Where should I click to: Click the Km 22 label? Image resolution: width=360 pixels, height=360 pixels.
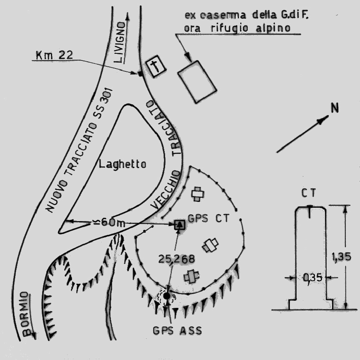tap(54, 55)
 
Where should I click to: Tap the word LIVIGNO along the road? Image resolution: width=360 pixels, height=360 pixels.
tap(120, 42)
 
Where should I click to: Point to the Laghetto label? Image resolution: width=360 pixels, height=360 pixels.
tap(122, 165)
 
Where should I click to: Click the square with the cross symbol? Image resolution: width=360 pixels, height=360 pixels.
tap(156, 67)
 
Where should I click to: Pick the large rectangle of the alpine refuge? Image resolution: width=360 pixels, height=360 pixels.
tap(197, 82)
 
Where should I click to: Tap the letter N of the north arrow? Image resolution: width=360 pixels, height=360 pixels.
tap(335, 108)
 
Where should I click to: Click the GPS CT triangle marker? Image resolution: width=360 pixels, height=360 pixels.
tap(179, 224)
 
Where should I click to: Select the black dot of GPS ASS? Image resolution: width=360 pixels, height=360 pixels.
tap(167, 296)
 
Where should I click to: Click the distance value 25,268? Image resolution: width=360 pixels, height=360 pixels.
tap(176, 259)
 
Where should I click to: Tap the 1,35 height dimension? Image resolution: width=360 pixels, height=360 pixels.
tap(341, 257)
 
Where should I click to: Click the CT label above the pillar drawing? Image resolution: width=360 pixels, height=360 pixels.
tap(309, 193)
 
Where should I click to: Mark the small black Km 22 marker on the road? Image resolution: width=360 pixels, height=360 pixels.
tap(140, 74)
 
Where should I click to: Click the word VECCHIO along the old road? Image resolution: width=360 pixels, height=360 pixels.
tap(165, 190)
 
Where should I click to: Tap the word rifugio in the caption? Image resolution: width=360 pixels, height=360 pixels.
tap(229, 28)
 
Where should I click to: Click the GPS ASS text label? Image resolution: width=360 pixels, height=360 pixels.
tap(177, 331)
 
